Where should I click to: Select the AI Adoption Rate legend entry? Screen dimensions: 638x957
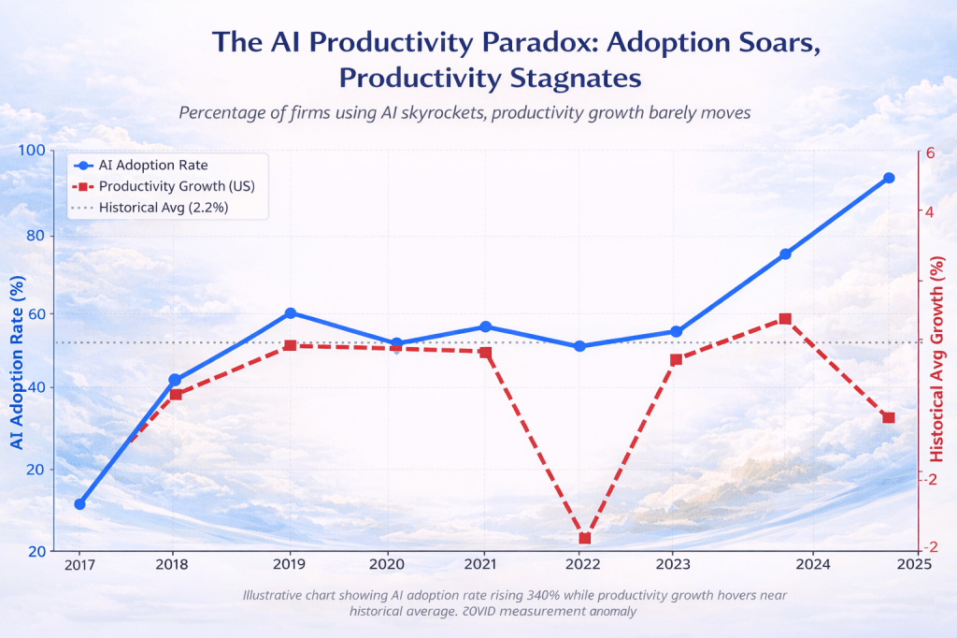coord(153,165)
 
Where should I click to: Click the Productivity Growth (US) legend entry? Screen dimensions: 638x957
coord(177,186)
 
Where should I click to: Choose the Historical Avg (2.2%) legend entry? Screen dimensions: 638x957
coord(164,207)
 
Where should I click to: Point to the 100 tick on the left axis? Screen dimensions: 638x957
coord(35,152)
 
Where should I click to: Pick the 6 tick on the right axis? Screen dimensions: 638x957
coord(930,155)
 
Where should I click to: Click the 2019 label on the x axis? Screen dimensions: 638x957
coord(289,565)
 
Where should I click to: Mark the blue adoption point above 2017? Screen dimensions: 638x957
coord(80,504)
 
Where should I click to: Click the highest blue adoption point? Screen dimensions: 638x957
coord(889,178)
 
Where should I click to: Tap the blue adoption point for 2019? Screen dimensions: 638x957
coord(291,313)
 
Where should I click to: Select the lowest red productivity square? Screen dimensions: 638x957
coord(585,539)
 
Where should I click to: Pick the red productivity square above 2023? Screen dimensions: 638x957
coord(676,359)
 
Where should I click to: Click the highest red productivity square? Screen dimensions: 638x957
coord(785,319)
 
